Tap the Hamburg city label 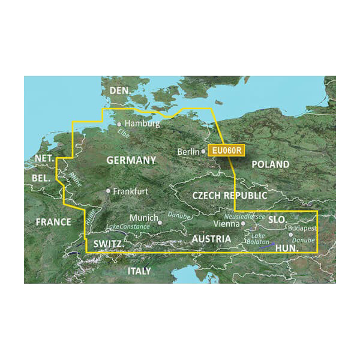(142, 124)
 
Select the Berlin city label (189, 152)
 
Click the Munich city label (145, 218)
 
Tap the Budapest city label (302, 229)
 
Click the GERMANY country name (131, 160)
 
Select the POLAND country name (270, 164)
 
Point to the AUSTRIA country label (211, 239)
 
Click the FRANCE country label (53, 222)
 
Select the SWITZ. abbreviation (109, 245)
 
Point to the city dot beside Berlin (203, 152)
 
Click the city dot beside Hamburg (119, 124)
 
